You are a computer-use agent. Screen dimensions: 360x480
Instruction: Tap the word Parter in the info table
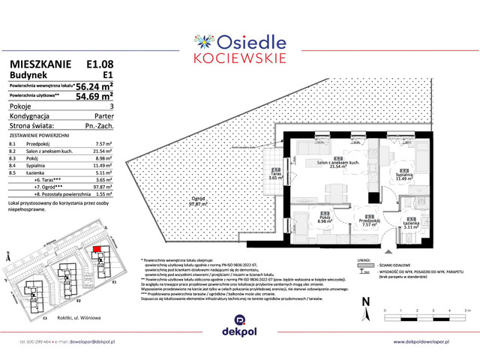pyautogui.click(x=103, y=116)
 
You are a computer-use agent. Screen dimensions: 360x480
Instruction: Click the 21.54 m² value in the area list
pyautogui.click(x=102, y=151)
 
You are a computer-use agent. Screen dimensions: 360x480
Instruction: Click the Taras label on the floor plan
pyautogui.click(x=275, y=174)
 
